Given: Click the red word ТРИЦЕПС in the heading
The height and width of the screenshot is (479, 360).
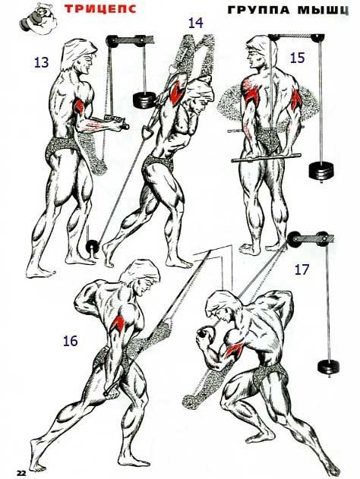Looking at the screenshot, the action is click(x=100, y=8).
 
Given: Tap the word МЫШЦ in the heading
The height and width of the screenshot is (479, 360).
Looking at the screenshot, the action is click(x=323, y=11).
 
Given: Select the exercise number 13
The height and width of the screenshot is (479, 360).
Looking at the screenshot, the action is click(x=41, y=62).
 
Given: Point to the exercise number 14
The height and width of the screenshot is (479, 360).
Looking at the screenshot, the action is click(x=196, y=23).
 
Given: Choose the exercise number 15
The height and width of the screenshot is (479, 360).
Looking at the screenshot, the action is click(x=298, y=58).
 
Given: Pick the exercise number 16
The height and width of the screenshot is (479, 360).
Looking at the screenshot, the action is click(x=71, y=341).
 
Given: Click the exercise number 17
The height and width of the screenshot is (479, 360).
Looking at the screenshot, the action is click(x=302, y=269).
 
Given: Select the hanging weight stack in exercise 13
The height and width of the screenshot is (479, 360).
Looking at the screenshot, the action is click(x=144, y=100).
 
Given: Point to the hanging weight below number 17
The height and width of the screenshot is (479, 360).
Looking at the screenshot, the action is click(x=329, y=367).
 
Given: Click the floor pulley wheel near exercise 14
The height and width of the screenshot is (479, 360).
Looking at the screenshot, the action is click(x=92, y=246).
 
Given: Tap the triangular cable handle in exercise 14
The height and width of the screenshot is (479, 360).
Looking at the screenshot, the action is click(x=147, y=132).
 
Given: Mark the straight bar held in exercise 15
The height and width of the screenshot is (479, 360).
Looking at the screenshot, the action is click(x=266, y=158).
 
